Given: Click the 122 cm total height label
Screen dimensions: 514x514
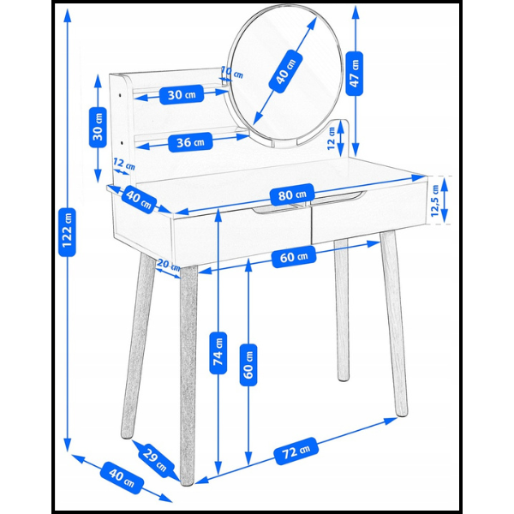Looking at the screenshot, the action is click(67, 232).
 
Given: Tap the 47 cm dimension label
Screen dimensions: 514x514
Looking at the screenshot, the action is click(355, 74).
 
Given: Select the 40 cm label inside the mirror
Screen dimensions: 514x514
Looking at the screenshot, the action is click(285, 71).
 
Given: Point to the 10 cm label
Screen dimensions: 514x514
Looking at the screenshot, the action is click(232, 73).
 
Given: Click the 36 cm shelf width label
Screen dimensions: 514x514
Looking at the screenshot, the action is click(190, 142).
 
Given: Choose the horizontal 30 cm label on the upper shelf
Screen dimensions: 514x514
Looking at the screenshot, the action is click(182, 95).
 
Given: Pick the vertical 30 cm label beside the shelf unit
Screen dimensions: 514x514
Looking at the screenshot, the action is click(98, 127).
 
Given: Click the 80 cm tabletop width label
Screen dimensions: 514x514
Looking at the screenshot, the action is click(292, 194).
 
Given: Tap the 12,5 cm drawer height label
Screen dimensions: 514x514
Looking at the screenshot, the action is click(435, 200).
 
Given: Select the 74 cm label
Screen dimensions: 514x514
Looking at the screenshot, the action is click(218, 353).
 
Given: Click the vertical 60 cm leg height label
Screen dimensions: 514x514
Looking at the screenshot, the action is click(248, 365).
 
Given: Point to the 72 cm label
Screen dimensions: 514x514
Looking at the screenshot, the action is click(296, 451).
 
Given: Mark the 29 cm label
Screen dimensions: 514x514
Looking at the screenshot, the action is click(154, 457).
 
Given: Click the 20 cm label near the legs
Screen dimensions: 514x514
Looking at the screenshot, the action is click(169, 265).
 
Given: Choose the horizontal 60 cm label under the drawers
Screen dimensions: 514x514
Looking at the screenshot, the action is click(294, 257).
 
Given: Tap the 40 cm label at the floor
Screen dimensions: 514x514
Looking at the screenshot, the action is click(122, 478).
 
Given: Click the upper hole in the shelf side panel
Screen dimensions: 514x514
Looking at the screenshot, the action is click(120, 95).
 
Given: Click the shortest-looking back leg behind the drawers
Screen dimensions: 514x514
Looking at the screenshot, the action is click(342, 310).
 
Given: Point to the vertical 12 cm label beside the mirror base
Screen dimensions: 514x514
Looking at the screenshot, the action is click(332, 138).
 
